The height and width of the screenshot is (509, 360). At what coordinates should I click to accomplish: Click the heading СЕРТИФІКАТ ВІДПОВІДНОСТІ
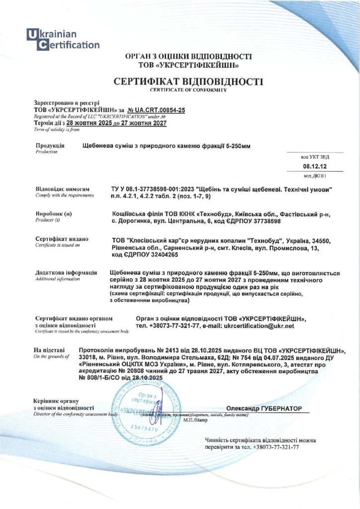click(x=188, y=81)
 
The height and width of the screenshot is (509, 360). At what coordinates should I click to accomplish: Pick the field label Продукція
click(x=50, y=146)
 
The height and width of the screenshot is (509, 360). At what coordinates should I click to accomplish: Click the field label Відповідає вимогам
click(x=63, y=189)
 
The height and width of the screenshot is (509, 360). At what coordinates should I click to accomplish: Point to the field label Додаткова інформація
click(x=66, y=273)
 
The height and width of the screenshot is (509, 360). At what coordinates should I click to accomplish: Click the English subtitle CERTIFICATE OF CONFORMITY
click(x=188, y=90)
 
